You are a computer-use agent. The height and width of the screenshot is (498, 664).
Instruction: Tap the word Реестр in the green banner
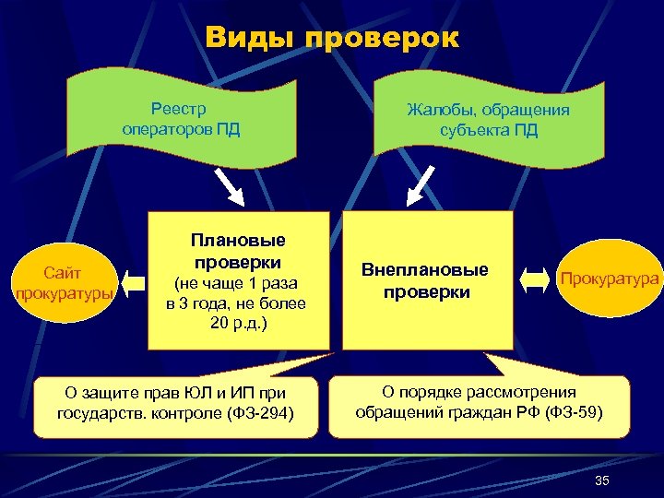[181, 108]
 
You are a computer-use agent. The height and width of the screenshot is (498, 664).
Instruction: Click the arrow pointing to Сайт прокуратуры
[136, 279]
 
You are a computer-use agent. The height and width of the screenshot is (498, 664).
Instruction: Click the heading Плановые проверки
[238, 251]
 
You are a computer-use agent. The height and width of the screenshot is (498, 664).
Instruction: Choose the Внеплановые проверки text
[424, 281]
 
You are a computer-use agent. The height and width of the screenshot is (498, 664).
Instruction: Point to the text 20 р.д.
[237, 321]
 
